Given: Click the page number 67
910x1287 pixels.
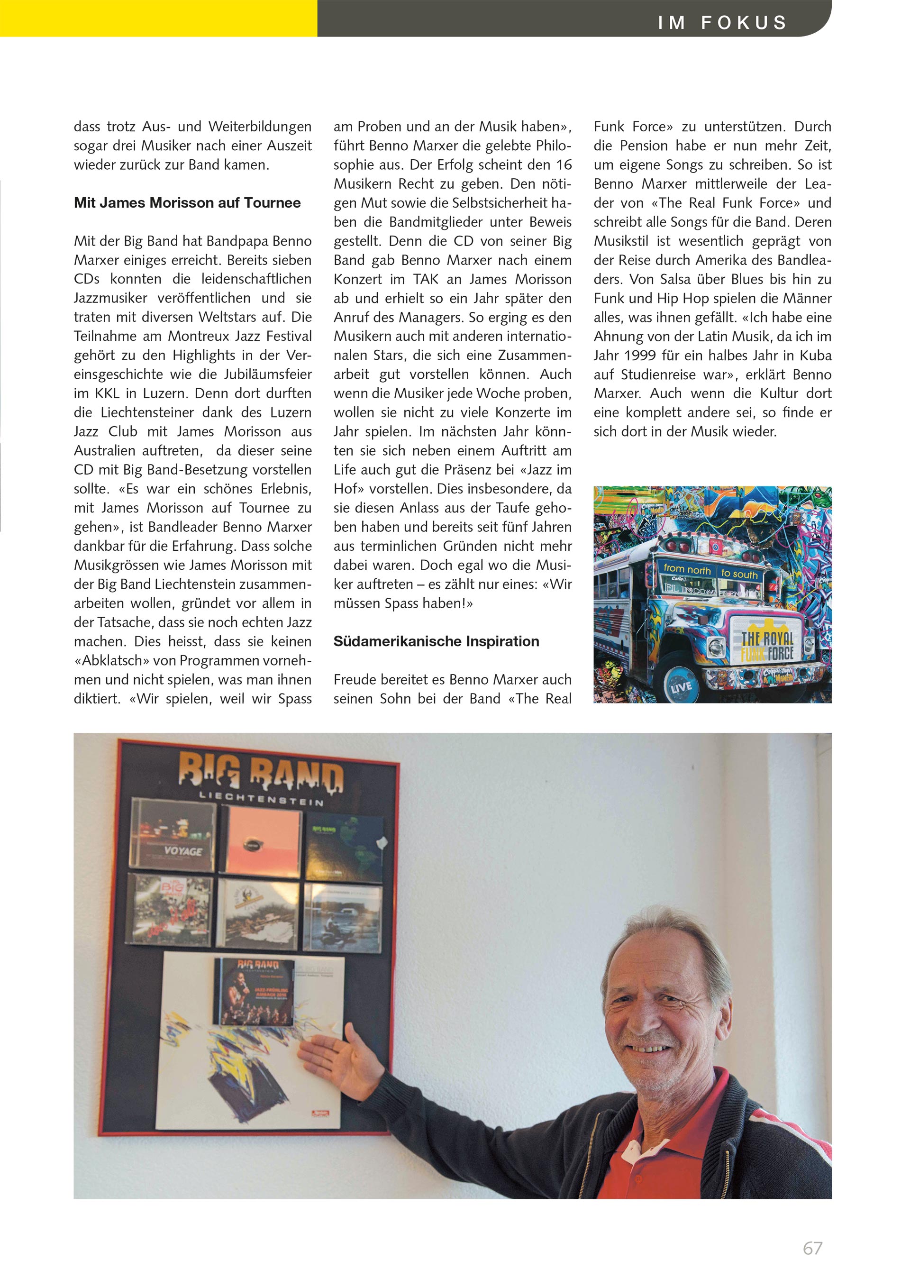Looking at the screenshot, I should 812,1248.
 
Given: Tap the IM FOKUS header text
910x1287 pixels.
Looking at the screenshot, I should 722,22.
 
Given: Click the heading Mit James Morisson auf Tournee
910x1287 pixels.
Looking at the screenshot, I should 187,202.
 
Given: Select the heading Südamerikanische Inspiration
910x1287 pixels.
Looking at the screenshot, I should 436,641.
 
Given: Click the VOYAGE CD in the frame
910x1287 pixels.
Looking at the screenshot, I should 173,834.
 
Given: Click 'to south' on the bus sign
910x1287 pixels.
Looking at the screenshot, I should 739,574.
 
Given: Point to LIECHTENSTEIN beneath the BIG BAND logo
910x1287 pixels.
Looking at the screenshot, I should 261,798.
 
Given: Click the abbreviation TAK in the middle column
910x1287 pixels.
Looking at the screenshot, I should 425,279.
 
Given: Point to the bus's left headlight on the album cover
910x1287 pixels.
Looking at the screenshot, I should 716,648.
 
